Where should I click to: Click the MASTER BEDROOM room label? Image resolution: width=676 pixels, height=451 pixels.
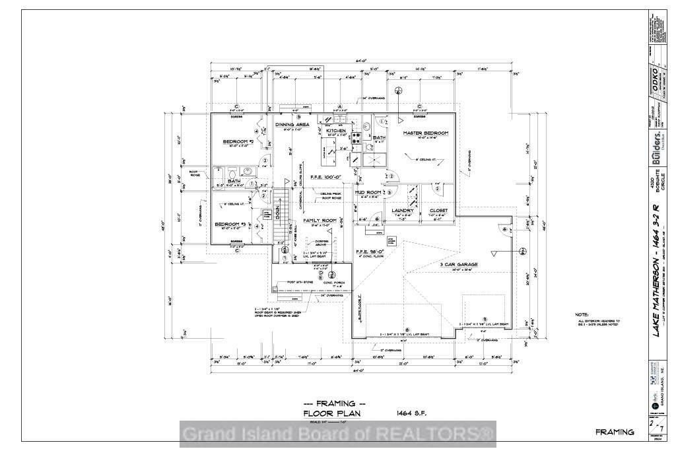426,133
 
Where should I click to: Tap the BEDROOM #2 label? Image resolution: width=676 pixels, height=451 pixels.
239,142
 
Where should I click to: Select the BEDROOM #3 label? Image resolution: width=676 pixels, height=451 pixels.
230,225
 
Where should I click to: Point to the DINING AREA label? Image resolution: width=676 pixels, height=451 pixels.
292,124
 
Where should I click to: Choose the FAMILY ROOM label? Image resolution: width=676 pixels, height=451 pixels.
320,220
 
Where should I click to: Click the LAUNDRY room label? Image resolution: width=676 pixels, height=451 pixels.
402,211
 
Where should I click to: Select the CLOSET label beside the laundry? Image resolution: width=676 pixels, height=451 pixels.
438,211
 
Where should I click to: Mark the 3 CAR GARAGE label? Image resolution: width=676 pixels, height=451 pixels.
459,264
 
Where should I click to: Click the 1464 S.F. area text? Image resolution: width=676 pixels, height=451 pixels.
411,413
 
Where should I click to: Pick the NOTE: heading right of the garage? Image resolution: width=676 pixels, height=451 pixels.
581,314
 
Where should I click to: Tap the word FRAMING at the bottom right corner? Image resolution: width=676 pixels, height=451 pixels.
615,432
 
